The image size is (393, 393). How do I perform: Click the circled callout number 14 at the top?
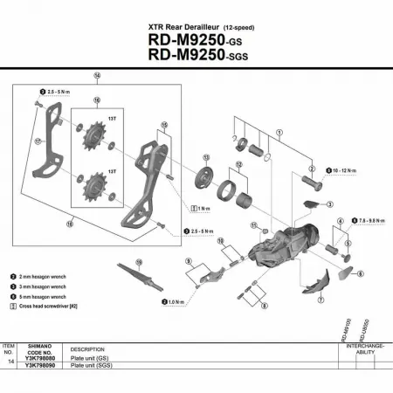pos(97,76)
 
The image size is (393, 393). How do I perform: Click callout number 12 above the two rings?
pos(238,164)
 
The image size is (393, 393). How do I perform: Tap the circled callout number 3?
pos(331,203)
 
